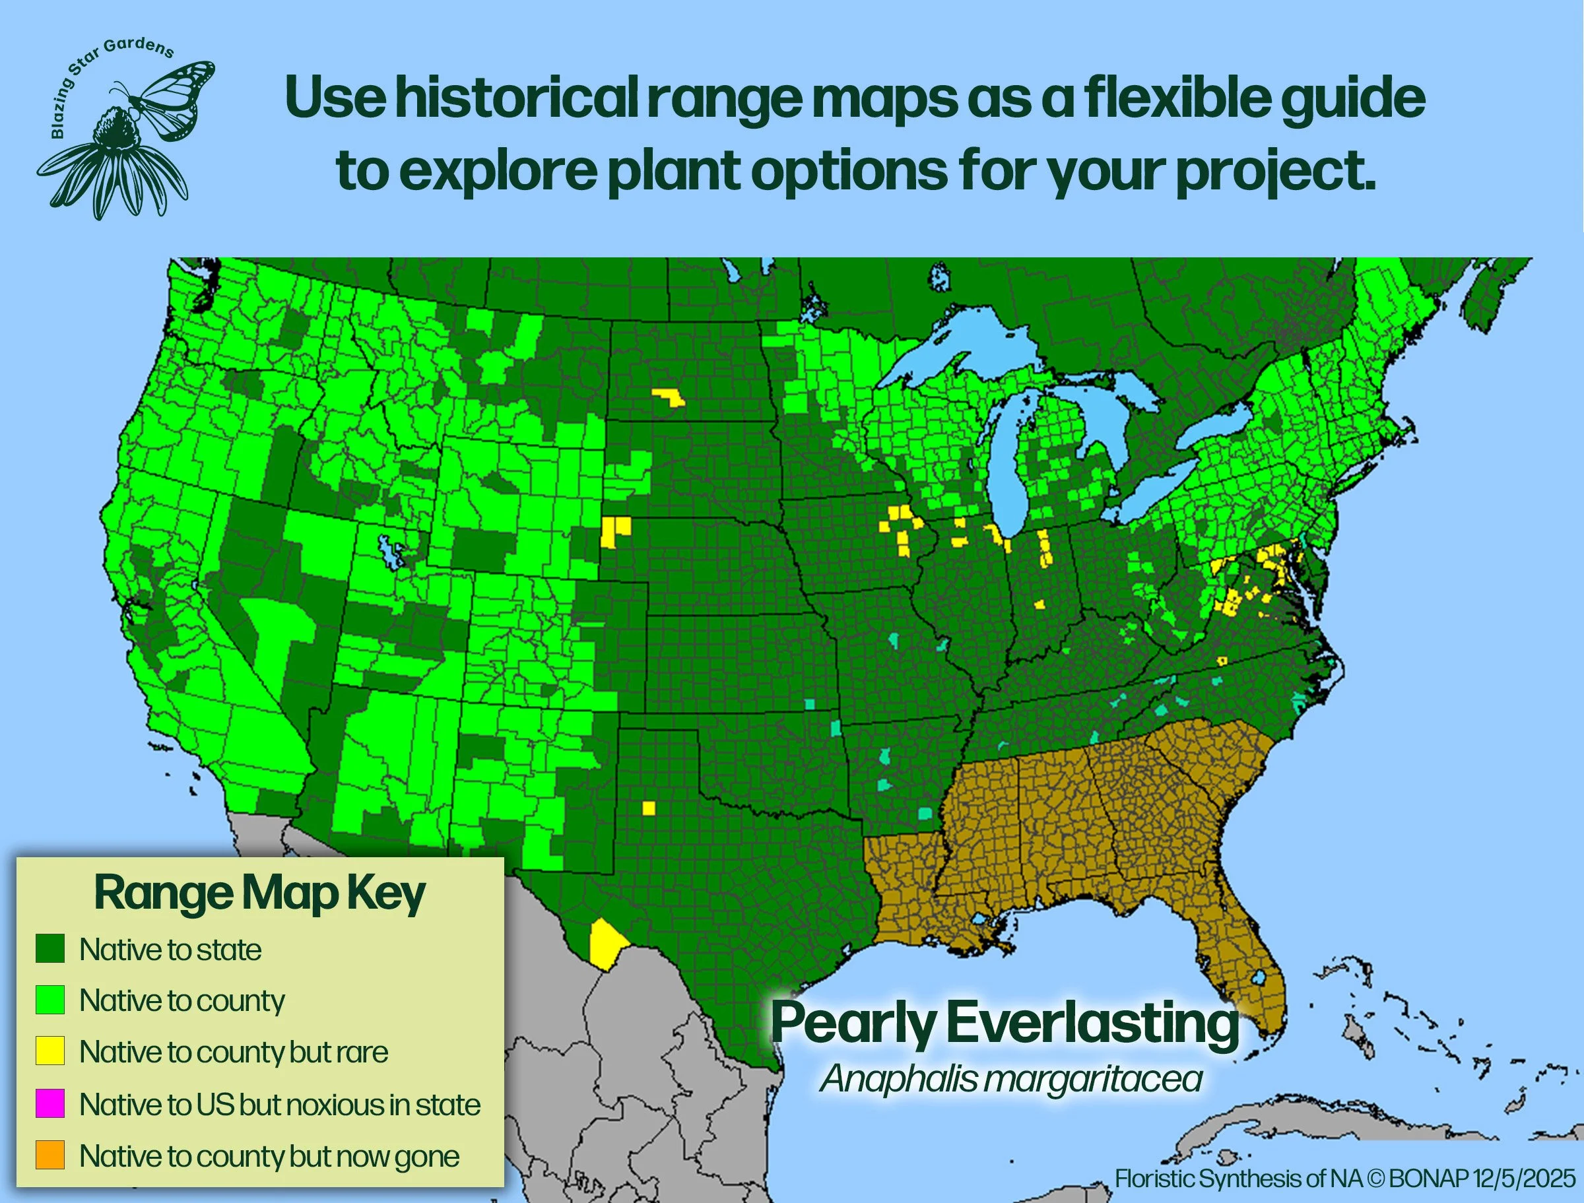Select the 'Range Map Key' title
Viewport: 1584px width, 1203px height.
[259, 894]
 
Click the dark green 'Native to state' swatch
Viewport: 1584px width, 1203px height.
[50, 949]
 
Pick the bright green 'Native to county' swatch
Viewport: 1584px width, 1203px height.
[50, 1000]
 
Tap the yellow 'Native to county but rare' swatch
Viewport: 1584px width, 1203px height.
[50, 1051]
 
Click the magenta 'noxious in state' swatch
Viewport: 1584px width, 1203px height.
[50, 1103]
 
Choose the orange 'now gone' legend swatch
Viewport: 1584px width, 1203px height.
[50, 1155]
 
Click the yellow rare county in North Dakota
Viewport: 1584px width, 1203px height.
[669, 397]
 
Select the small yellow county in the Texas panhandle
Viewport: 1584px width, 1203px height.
[649, 808]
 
